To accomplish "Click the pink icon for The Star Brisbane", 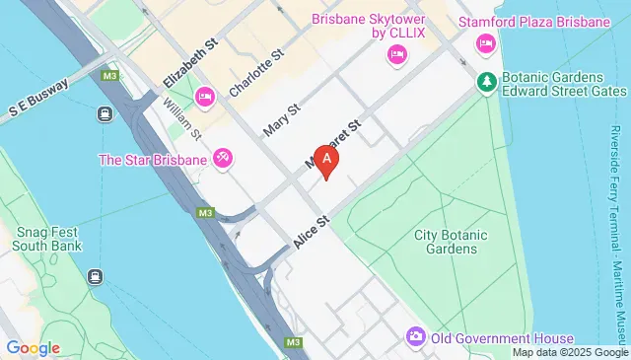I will (x=223, y=158).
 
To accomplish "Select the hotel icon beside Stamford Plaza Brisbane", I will (x=485, y=42).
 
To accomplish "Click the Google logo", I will (x=33, y=347).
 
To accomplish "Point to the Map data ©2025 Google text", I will (x=569, y=352).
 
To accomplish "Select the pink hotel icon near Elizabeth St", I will (x=205, y=96).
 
